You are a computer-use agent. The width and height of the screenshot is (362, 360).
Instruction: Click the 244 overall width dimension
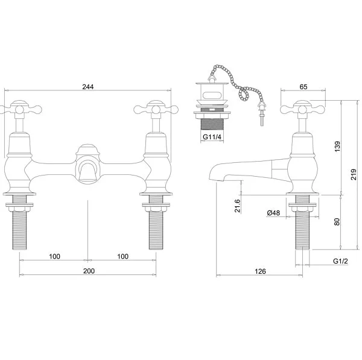[88, 87]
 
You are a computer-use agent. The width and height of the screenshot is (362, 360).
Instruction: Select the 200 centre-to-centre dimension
[89, 271]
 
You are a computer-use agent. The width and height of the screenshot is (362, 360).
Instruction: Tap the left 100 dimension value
[55, 256]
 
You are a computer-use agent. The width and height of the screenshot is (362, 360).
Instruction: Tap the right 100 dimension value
[123, 256]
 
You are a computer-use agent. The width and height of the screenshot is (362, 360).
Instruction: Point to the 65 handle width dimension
[303, 87]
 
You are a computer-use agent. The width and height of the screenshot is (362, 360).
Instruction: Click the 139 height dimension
[337, 147]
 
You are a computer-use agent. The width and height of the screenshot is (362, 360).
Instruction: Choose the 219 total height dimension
[354, 174]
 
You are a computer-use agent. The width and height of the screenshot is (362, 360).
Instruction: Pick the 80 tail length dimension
[337, 222]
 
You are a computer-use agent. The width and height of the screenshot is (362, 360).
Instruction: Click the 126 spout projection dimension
[260, 271]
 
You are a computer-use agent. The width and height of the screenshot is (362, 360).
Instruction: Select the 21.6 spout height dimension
[238, 206]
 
